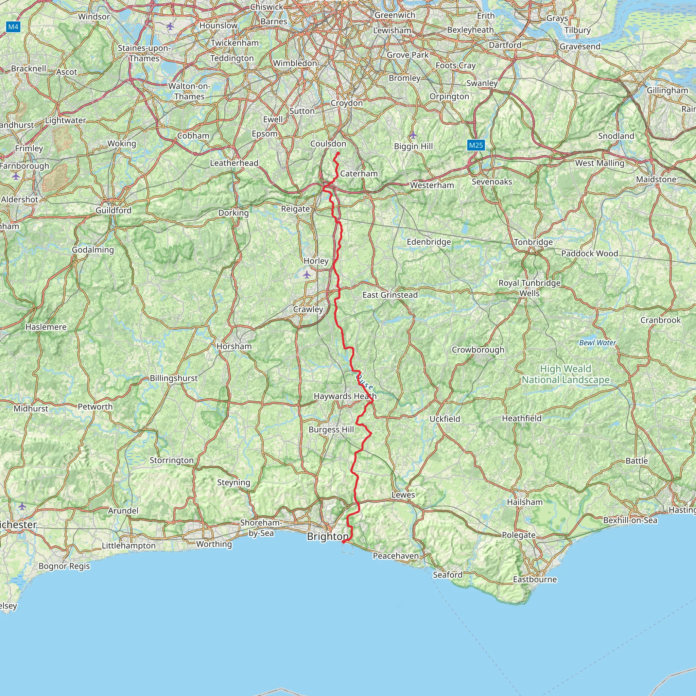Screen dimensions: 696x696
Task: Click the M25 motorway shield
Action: coord(475,145)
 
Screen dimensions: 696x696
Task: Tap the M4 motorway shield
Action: coord(13,27)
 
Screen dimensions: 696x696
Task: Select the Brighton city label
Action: coord(328,536)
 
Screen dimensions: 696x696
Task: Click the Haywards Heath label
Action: coord(345,396)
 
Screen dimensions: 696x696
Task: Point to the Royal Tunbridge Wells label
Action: coord(529,288)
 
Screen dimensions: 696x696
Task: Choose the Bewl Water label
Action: coord(597,343)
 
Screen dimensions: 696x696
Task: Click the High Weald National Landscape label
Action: coord(565,374)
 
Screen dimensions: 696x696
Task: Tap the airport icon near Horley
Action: coord(307,275)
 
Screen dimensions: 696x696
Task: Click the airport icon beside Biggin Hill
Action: coord(413,136)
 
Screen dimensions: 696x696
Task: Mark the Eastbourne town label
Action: coord(535,579)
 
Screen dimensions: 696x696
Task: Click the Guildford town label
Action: coord(114,210)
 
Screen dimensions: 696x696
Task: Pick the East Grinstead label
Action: coord(390,295)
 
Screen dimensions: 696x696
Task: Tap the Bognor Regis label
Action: coord(64,566)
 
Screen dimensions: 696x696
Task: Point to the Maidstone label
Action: coord(656,179)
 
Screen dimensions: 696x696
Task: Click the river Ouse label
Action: coord(364,382)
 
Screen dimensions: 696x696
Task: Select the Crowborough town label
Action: coord(478,349)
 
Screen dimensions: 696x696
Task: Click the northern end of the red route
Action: coord(338,154)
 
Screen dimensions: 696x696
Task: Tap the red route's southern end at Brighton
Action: coord(343,542)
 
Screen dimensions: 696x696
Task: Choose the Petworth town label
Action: coord(95,407)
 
